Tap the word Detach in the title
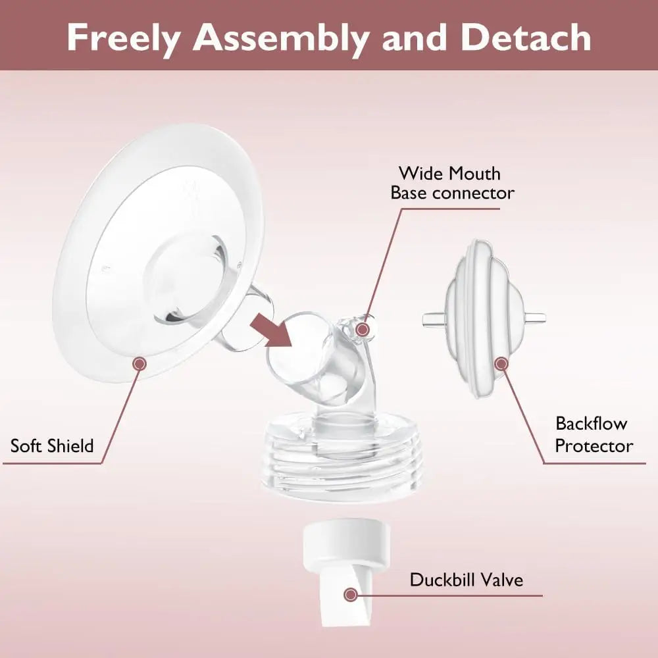(x=526, y=38)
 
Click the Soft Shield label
(x=52, y=445)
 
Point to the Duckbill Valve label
(x=467, y=580)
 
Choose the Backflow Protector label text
(x=594, y=434)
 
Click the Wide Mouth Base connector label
(x=452, y=183)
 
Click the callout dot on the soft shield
(x=139, y=363)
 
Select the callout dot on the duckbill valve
(x=351, y=594)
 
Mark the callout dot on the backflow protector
(x=501, y=363)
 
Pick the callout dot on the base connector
(x=363, y=329)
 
